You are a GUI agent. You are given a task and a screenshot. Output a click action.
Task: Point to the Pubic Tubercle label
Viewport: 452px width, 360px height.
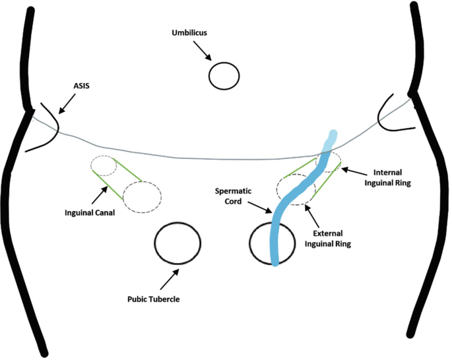click(x=153, y=299)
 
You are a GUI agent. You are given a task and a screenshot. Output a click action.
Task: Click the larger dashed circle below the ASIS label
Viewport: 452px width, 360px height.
click(x=141, y=194)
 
